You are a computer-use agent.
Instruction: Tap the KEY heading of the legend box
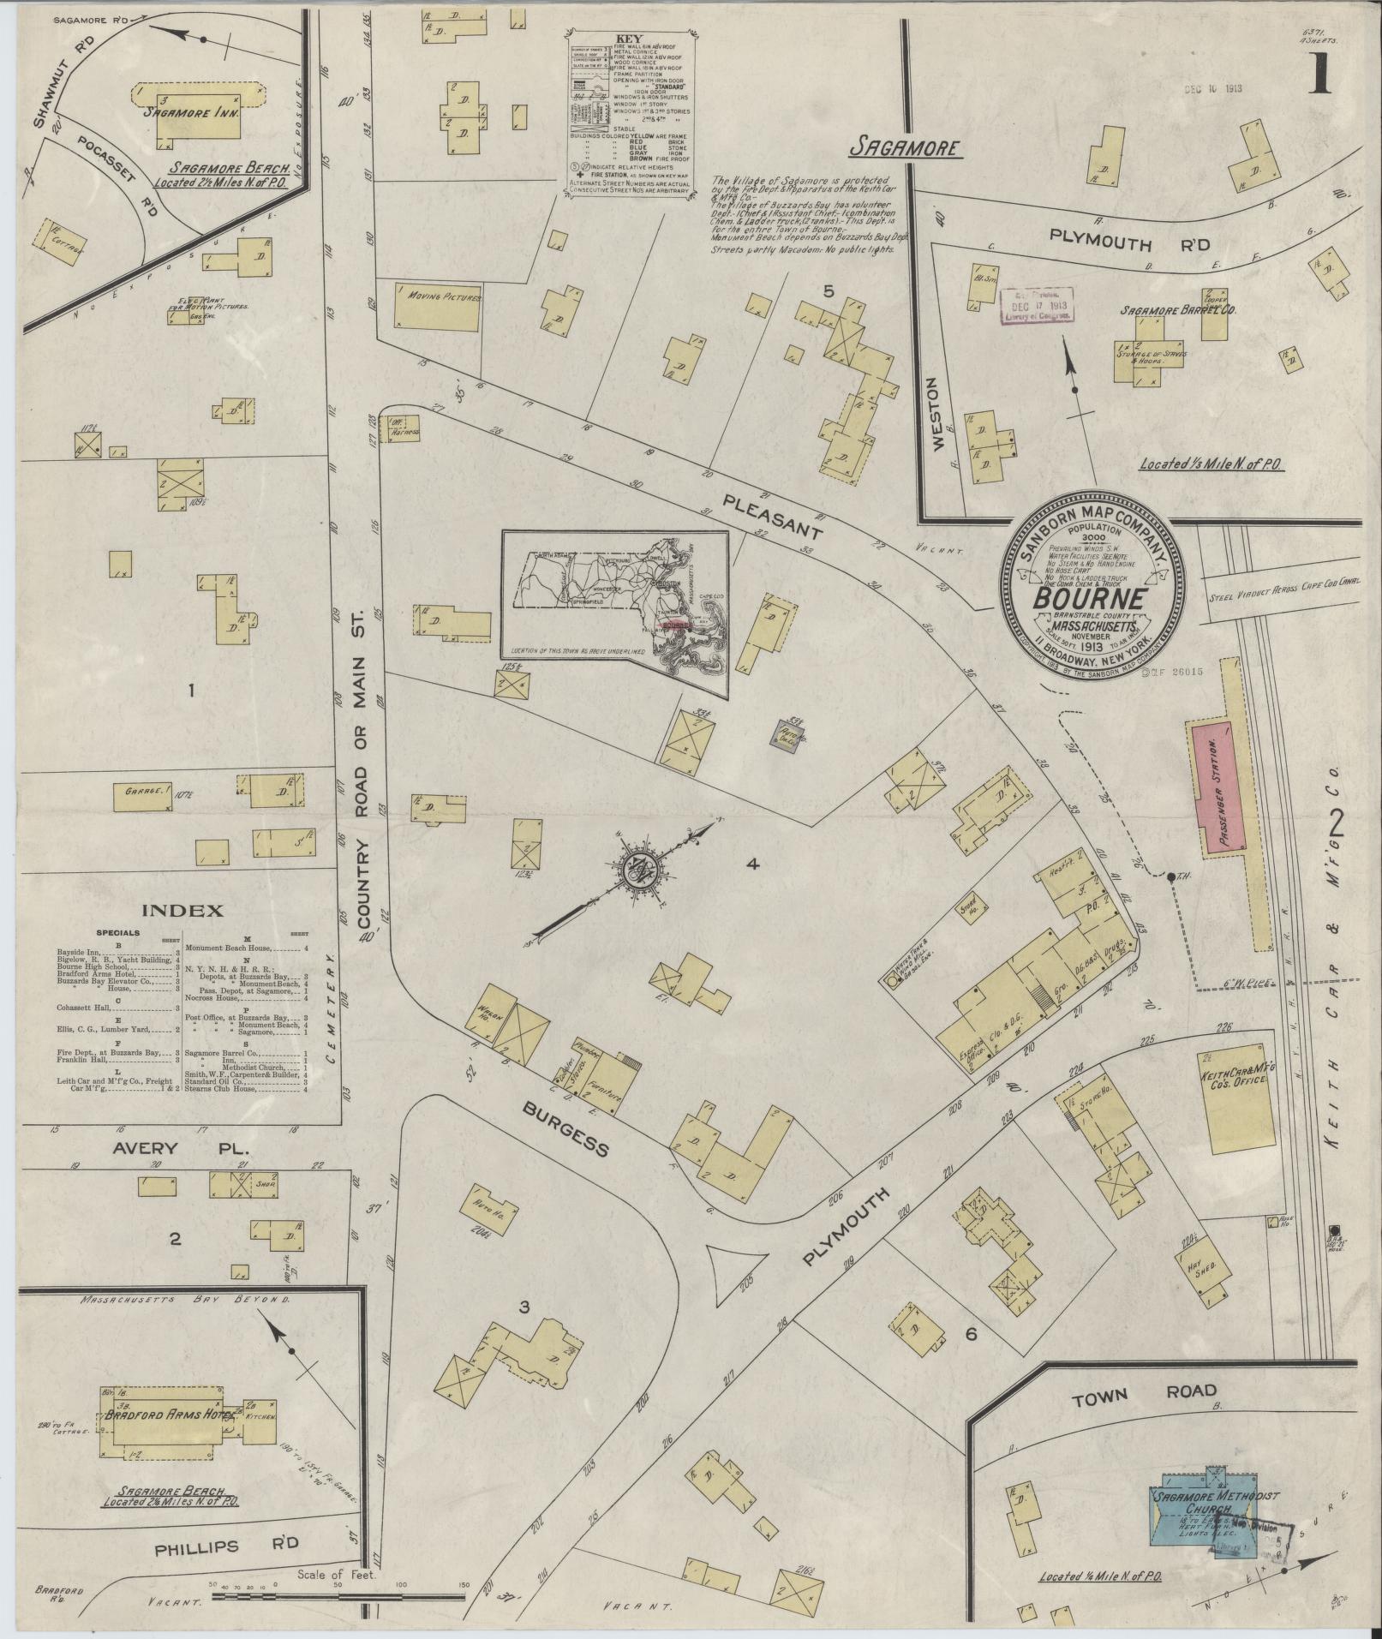click(x=630, y=39)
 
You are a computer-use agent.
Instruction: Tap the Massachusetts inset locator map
click(x=615, y=613)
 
